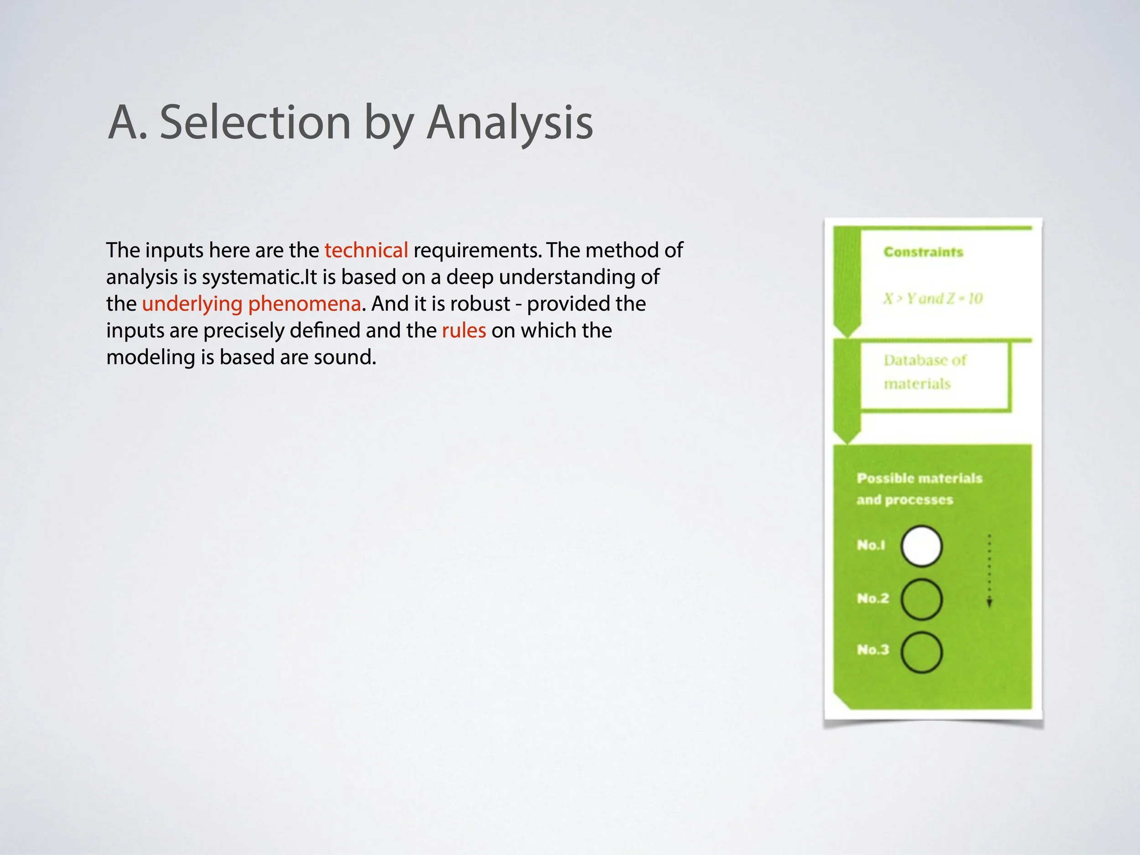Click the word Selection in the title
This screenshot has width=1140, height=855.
click(255, 123)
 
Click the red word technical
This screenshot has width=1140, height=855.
click(366, 250)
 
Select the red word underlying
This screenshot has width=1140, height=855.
click(192, 304)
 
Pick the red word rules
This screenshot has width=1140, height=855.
click(463, 330)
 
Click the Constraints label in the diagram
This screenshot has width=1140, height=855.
click(923, 252)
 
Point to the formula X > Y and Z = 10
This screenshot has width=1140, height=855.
click(933, 298)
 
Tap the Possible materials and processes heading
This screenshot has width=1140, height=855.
click(919, 488)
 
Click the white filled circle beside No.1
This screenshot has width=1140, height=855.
click(922, 546)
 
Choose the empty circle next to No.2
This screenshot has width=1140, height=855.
click(922, 599)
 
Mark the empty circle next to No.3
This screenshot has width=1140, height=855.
click(922, 652)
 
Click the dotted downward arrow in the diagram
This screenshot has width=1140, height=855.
click(989, 570)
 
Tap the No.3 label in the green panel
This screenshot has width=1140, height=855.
click(872, 650)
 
